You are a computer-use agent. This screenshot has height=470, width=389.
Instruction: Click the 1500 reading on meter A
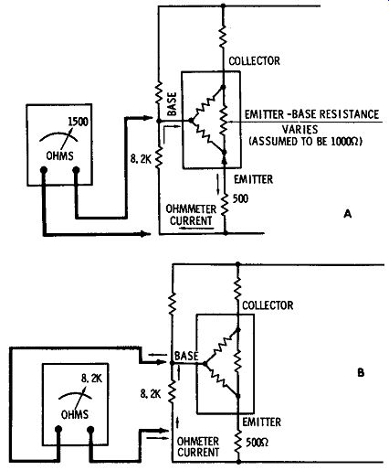(78, 122)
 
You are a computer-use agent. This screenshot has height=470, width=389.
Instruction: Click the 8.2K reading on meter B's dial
(92, 379)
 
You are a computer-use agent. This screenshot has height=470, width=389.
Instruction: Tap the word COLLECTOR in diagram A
(254, 61)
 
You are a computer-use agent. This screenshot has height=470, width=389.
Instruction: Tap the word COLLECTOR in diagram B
(268, 305)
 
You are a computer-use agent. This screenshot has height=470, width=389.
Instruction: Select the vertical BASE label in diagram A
(173, 104)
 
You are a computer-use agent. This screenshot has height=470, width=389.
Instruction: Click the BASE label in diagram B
(186, 356)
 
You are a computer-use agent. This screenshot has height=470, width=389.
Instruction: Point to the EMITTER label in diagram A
(253, 179)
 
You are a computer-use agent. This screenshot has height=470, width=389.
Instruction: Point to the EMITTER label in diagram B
(262, 422)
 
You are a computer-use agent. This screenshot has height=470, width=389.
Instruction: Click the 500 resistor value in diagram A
(240, 198)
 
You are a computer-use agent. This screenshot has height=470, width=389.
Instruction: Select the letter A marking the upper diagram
(348, 214)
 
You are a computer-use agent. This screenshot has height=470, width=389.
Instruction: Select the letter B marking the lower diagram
(361, 373)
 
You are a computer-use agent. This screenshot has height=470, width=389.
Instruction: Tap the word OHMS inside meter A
(59, 156)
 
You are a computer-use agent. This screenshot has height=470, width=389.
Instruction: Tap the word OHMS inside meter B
(75, 414)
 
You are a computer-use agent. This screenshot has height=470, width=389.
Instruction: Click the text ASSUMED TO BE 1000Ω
(306, 142)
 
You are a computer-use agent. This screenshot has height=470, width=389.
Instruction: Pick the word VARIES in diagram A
(300, 130)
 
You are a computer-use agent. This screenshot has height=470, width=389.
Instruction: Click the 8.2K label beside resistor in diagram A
(141, 159)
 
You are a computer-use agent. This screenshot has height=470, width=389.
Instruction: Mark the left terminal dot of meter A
(44, 169)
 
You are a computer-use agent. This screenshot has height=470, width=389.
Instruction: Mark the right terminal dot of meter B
(90, 430)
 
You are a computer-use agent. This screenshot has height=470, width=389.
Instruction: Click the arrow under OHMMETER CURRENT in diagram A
(196, 228)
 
